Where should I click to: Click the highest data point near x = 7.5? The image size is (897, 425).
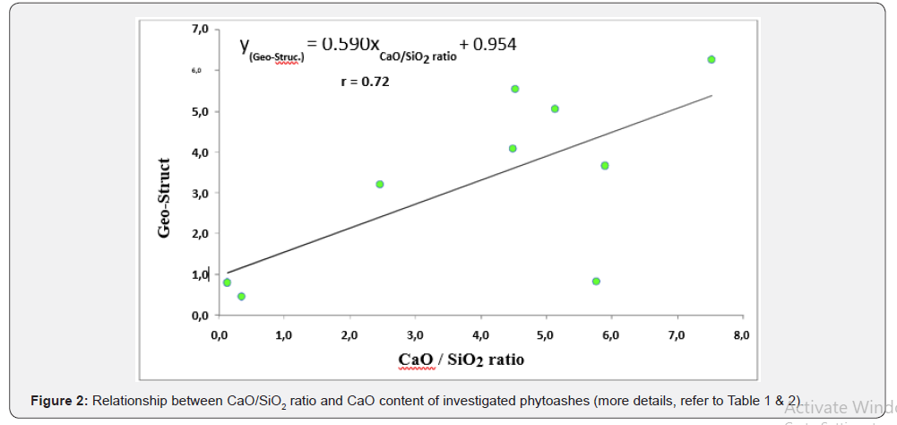[712, 59]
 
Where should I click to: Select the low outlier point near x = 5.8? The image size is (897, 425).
[596, 282]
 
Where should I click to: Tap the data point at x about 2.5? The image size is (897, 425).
[380, 184]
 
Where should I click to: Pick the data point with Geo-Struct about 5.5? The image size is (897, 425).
[515, 89]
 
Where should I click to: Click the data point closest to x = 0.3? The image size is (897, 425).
[241, 296]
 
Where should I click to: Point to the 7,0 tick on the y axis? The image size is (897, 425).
[199, 30]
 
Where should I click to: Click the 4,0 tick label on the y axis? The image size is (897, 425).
[199, 152]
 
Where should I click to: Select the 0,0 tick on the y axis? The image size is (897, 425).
[199, 316]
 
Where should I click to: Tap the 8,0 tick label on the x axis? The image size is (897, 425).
[741, 334]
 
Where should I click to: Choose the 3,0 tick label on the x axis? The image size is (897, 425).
[415, 334]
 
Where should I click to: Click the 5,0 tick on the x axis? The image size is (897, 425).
[546, 334]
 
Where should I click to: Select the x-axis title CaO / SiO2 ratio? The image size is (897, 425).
[461, 360]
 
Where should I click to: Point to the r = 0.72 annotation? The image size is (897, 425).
[365, 82]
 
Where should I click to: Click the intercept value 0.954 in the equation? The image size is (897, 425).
[495, 44]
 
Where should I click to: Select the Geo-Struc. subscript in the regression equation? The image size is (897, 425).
[276, 56]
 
